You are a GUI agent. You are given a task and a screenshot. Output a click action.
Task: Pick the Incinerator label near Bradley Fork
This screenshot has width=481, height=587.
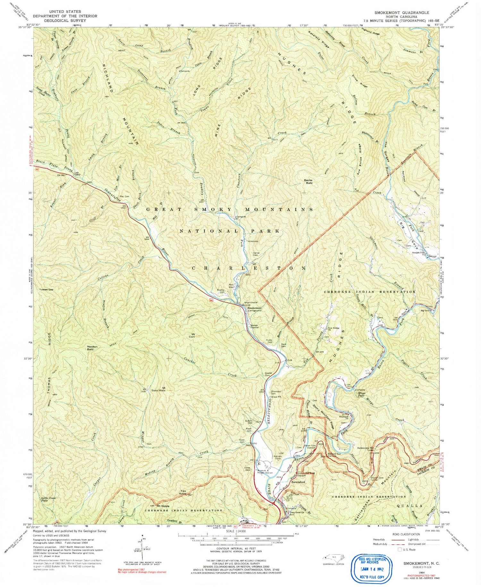tap(253, 241)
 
